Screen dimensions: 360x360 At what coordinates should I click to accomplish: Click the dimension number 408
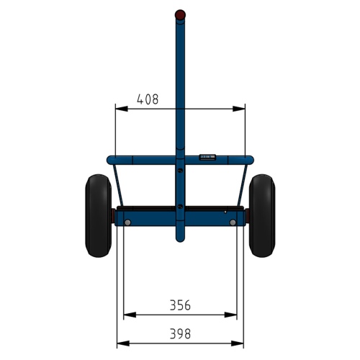[x=148, y=99]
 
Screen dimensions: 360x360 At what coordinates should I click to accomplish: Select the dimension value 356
[x=180, y=305]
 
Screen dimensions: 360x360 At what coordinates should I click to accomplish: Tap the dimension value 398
[x=180, y=334]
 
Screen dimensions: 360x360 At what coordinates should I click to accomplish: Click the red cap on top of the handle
[x=180, y=14]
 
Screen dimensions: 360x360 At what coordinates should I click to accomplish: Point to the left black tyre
[x=98, y=216]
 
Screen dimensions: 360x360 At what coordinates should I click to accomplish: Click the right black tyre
[x=262, y=216]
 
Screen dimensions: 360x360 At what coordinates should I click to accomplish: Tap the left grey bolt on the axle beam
[x=127, y=222]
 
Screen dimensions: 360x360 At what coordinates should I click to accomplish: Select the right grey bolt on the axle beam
[x=233, y=222]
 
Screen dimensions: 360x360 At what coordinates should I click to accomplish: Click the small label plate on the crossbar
[x=207, y=157]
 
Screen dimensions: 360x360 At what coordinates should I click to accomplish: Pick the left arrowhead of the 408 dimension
[x=122, y=109]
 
